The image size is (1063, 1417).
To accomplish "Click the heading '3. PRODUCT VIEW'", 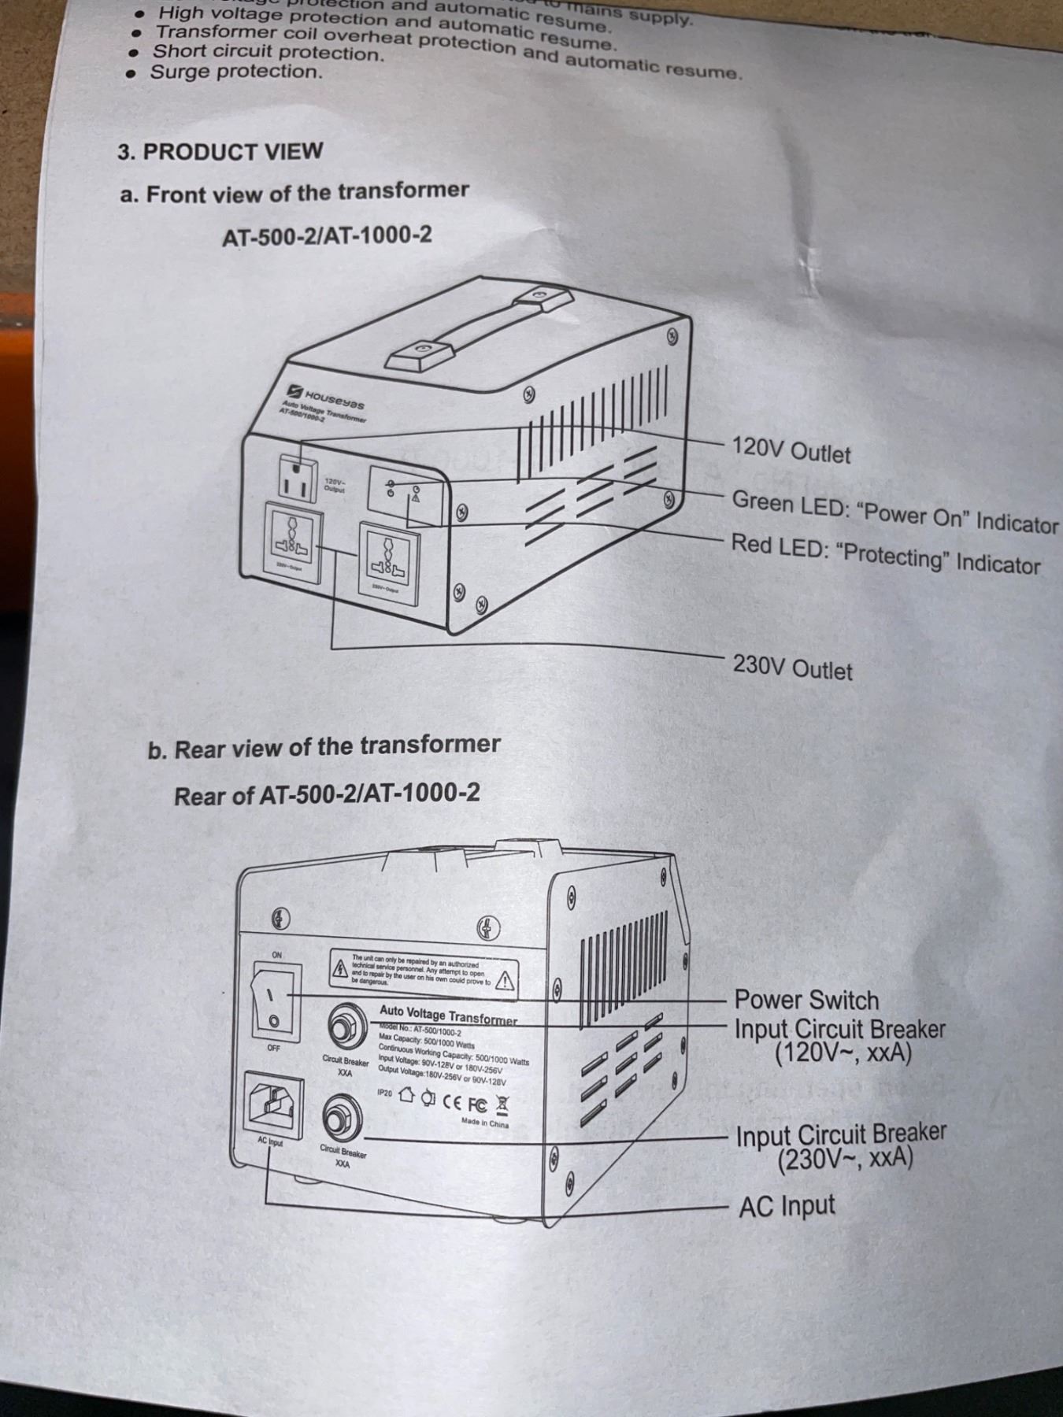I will pos(220,151).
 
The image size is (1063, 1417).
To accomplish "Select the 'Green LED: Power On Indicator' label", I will pos(894,512).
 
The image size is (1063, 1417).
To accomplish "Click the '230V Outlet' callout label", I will pos(792,668).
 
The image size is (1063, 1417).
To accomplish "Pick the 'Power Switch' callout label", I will pos(806,1000).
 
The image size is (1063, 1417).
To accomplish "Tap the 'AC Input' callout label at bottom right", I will pos(786,1206).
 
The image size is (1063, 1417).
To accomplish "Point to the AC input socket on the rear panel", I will pos(274,1104).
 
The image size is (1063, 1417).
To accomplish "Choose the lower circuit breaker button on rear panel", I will pos(343,1117).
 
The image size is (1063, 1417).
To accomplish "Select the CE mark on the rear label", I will pos(452,1100).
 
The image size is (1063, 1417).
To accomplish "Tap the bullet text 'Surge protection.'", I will pos(236,72).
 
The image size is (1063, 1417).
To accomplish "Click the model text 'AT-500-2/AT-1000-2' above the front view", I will pos(327,235).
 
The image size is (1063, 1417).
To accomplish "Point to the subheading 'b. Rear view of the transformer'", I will pos(324,747).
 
